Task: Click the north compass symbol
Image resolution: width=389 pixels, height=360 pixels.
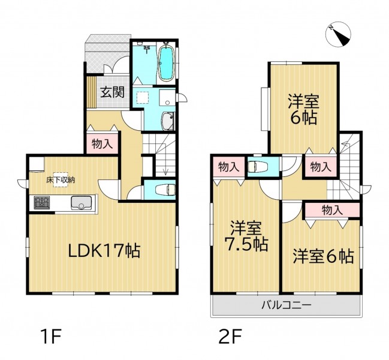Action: tap(338, 34)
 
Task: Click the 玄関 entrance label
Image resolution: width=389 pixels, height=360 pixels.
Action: tap(112, 92)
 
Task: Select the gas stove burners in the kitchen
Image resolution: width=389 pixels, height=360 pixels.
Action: tap(42, 202)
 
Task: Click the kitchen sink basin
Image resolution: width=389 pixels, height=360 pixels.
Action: tap(82, 203)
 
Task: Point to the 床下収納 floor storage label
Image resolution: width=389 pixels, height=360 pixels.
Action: tap(61, 180)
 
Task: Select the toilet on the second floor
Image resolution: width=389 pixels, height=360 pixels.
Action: tap(257, 167)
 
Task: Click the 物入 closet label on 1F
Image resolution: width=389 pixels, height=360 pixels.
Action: tap(102, 144)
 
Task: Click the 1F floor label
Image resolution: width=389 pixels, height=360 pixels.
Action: tap(52, 336)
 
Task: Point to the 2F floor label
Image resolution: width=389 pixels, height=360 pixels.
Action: tap(230, 336)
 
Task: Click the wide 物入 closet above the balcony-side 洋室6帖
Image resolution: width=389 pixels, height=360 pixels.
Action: tap(332, 210)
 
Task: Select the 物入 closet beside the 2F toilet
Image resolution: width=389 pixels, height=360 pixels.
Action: tap(229, 167)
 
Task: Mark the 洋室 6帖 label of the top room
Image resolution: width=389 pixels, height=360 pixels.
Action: tap(303, 109)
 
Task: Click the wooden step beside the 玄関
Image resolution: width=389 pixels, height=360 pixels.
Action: tap(92, 92)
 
